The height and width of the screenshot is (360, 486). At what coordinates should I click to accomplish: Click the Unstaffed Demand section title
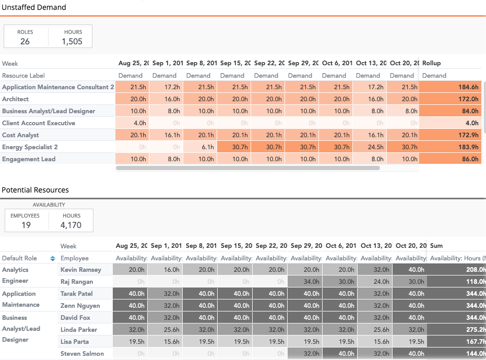(34, 7)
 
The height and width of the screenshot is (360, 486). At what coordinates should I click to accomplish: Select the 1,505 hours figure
(72, 42)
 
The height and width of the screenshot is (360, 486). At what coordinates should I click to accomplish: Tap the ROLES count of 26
(25, 42)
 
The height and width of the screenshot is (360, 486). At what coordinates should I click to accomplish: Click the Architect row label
(16, 99)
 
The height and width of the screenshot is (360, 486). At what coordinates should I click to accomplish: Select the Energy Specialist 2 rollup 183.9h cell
(452, 147)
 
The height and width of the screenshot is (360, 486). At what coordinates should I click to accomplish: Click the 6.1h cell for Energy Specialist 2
(200, 147)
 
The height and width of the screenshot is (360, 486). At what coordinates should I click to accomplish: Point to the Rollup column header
(432, 63)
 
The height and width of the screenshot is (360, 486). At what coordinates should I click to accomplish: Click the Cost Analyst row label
(20, 135)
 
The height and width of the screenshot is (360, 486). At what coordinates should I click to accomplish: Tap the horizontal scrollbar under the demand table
(266, 168)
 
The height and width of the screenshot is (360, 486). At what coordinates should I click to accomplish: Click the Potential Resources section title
(35, 190)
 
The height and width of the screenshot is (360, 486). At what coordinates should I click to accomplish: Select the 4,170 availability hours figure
(72, 225)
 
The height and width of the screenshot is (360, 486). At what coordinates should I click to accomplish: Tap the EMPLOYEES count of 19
(26, 225)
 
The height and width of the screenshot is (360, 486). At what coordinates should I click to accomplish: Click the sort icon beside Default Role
(52, 258)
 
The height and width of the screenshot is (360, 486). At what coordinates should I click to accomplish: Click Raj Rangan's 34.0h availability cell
(305, 282)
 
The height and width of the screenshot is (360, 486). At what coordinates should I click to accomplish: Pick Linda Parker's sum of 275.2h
(456, 330)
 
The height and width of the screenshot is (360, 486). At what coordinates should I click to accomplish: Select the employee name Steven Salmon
(82, 354)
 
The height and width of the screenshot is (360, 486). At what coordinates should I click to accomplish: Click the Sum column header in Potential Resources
(436, 246)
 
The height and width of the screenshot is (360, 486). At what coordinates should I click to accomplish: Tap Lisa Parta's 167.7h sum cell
(456, 342)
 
